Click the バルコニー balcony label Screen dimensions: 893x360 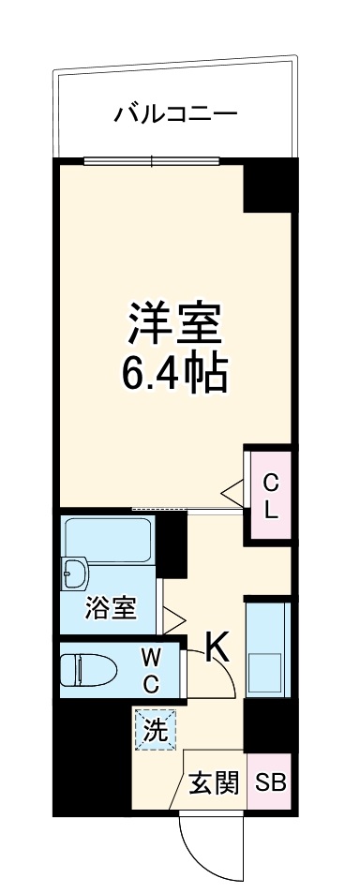(175, 115)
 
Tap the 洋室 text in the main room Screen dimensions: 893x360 (175, 324)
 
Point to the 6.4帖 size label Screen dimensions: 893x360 (175, 375)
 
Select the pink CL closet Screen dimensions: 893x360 (270, 497)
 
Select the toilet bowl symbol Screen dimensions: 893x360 (86, 670)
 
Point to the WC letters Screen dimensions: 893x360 (151, 669)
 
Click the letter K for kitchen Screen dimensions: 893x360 (217, 647)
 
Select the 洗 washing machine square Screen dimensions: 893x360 (156, 730)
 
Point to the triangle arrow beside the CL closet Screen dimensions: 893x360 (231, 491)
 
